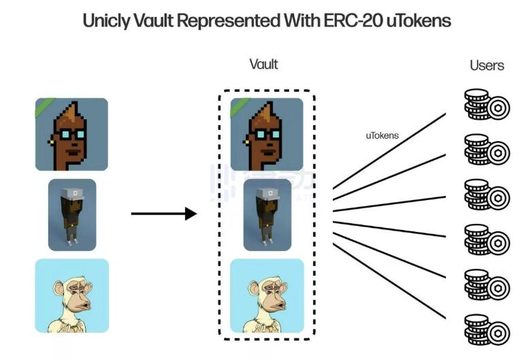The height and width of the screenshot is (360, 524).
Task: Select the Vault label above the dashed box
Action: pyautogui.click(x=264, y=65)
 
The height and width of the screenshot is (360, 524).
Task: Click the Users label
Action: pyautogui.click(x=487, y=65)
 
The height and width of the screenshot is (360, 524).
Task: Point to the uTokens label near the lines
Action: pyautogui.click(x=382, y=136)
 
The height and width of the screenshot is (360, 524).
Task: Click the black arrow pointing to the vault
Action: pyautogui.click(x=163, y=214)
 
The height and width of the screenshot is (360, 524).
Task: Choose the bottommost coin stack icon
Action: pyautogui.click(x=486, y=326)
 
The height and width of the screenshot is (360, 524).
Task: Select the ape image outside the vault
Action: pyautogui.click(x=72, y=295)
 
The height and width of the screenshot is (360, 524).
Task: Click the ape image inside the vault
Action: pyautogui.click(x=266, y=295)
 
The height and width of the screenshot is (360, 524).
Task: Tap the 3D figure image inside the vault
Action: pyautogui.click(x=267, y=215)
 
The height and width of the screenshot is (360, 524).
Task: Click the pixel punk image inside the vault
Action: pyautogui.click(x=266, y=134)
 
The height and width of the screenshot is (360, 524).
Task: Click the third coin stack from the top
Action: pyautogui.click(x=486, y=194)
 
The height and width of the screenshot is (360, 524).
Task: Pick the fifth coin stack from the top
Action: pyautogui.click(x=486, y=282)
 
